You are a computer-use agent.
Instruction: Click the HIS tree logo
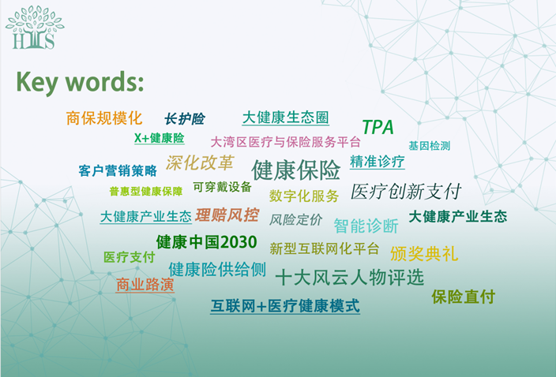click(x=35, y=28)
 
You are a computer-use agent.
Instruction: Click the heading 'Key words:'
click(x=80, y=83)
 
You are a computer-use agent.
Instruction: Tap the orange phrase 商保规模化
click(x=104, y=118)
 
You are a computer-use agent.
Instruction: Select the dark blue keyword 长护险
click(x=185, y=119)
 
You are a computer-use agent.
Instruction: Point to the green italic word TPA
click(x=378, y=128)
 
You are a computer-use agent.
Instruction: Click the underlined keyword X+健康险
click(x=160, y=138)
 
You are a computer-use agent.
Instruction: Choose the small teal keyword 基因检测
click(x=430, y=146)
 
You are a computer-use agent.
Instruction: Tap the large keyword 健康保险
click(x=296, y=170)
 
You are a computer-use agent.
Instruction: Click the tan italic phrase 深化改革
click(x=200, y=162)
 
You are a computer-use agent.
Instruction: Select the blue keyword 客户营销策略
click(x=118, y=170)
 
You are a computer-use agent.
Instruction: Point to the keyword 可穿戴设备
click(x=223, y=187)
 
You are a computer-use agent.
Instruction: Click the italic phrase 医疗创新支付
click(x=406, y=192)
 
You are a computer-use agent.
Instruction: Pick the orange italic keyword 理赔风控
click(x=227, y=215)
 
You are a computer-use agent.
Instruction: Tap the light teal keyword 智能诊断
click(x=366, y=226)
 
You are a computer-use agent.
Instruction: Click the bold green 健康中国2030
click(x=207, y=242)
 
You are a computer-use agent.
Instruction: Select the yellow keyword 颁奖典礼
click(x=424, y=254)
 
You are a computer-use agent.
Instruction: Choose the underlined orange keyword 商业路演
click(x=145, y=285)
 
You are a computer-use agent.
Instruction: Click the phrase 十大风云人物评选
click(x=350, y=277)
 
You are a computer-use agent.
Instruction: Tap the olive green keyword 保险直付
click(x=464, y=297)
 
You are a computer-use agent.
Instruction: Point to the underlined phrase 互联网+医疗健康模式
click(x=285, y=306)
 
